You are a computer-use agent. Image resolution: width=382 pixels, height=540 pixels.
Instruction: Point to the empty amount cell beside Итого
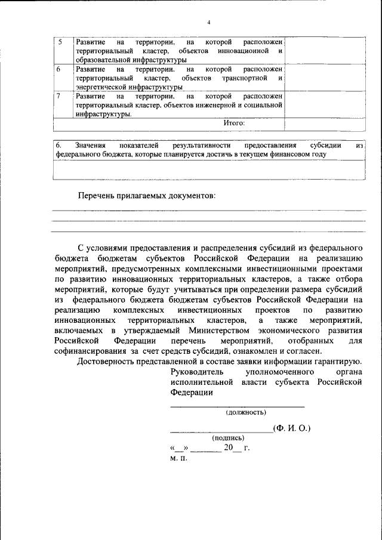[325, 123]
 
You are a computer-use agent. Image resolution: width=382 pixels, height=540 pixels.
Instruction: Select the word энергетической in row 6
[98, 87]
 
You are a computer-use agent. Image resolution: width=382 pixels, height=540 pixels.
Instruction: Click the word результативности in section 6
[200, 145]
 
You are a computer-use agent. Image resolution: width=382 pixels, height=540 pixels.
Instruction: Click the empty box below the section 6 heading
[209, 169]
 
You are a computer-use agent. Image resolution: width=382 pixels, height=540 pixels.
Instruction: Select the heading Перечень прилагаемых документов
[146, 196]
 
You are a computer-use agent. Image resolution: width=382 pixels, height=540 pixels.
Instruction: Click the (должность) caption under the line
[246, 412]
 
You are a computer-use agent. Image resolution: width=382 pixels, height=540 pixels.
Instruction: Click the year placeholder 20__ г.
[236, 448]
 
